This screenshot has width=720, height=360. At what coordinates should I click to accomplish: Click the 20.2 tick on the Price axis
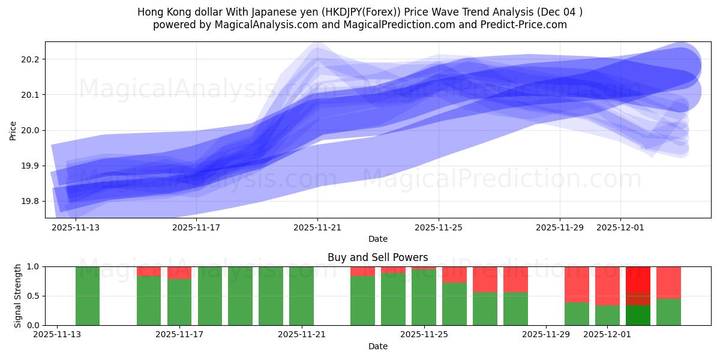coord(31,59)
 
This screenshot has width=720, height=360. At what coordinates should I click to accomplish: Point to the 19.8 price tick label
coord(31,201)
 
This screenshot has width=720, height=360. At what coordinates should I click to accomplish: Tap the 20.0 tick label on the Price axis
coord(31,130)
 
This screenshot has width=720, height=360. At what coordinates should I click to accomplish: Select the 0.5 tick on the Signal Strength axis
coord(33,296)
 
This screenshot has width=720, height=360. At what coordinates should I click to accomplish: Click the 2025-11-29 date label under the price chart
coord(559,227)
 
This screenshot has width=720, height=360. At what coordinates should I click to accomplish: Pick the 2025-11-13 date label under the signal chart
coord(57,334)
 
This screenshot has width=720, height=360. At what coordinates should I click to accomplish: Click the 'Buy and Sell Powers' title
coord(377,257)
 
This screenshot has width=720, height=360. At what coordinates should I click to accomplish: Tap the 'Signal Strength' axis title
coord(18,296)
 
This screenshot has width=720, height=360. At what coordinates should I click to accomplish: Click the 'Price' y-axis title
coord(13,130)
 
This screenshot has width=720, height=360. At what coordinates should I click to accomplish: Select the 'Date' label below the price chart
coord(377,239)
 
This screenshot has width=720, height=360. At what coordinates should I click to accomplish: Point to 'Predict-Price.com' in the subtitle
coord(525,25)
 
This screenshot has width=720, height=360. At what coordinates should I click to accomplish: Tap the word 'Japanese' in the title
coord(252,12)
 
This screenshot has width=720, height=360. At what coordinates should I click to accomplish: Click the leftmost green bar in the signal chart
coord(88,296)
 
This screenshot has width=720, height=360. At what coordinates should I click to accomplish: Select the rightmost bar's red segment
coord(668,282)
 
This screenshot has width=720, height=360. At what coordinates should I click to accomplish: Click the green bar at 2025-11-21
coord(301,296)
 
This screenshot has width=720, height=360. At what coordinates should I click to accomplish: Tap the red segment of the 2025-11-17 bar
coord(179,272)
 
